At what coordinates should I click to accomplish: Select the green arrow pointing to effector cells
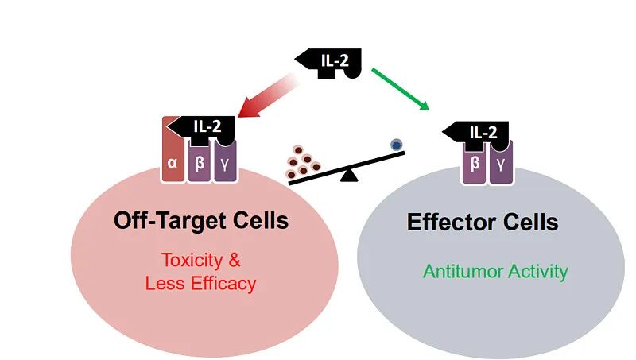[x=401, y=87]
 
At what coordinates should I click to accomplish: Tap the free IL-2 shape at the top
[x=334, y=60]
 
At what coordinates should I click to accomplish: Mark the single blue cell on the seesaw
[x=396, y=145]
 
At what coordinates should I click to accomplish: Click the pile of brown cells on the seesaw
[x=302, y=161]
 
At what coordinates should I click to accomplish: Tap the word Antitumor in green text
[x=460, y=272]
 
